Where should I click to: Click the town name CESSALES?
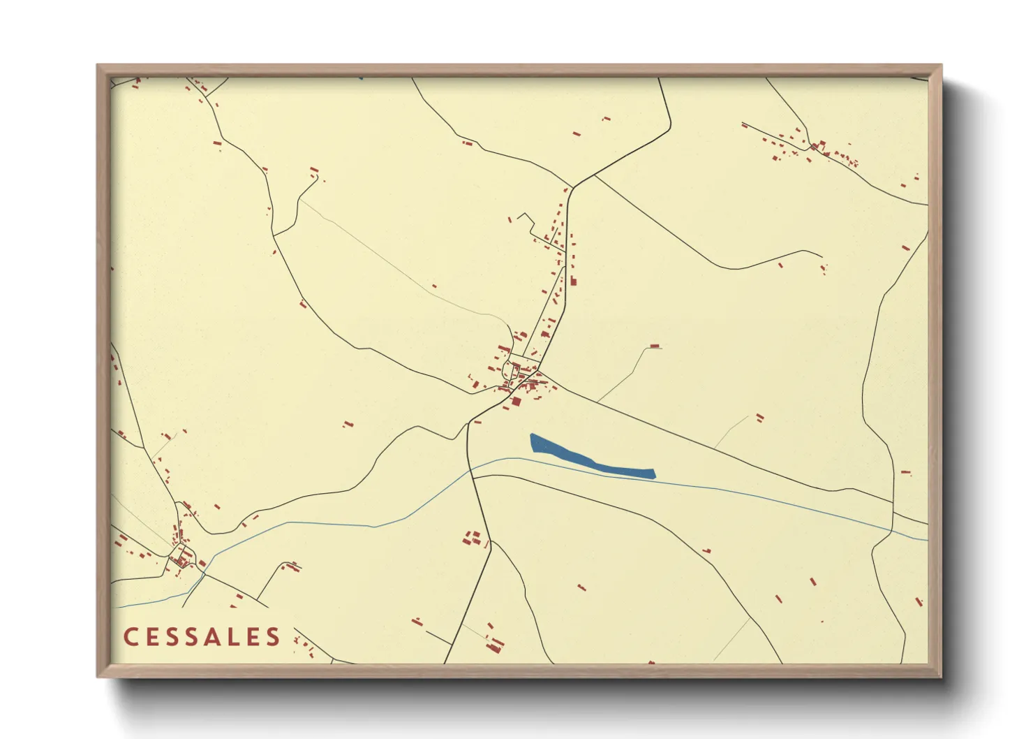pyautogui.click(x=202, y=637)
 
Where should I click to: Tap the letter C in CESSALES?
pyautogui.click(x=131, y=637)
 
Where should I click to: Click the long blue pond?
pyautogui.click(x=590, y=458)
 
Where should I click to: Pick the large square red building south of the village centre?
pyautogui.click(x=516, y=401)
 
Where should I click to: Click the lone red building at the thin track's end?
pyautogui.click(x=655, y=346)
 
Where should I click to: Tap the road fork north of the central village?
pyautogui.click(x=573, y=187)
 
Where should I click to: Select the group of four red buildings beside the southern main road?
pyautogui.click(x=473, y=538)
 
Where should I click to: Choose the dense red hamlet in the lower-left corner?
pyautogui.click(x=181, y=555)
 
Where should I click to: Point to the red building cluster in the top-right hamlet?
pyautogui.click(x=820, y=147)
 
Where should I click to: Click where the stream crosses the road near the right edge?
pyautogui.click(x=893, y=531)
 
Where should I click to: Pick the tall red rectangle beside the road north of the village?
pyautogui.click(x=574, y=281)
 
